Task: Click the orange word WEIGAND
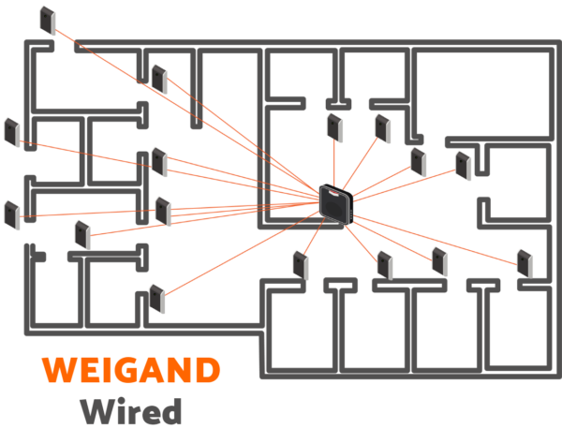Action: [131, 370]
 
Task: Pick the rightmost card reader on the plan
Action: [525, 261]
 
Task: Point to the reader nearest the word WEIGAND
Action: [156, 299]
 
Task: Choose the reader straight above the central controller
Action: [334, 127]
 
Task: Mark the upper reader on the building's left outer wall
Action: [11, 132]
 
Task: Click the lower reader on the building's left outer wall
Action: [11, 214]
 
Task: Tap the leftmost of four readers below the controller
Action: [301, 264]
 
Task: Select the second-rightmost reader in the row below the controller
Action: [439, 260]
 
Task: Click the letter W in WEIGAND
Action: [59, 370]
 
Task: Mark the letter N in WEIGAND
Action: [178, 370]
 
